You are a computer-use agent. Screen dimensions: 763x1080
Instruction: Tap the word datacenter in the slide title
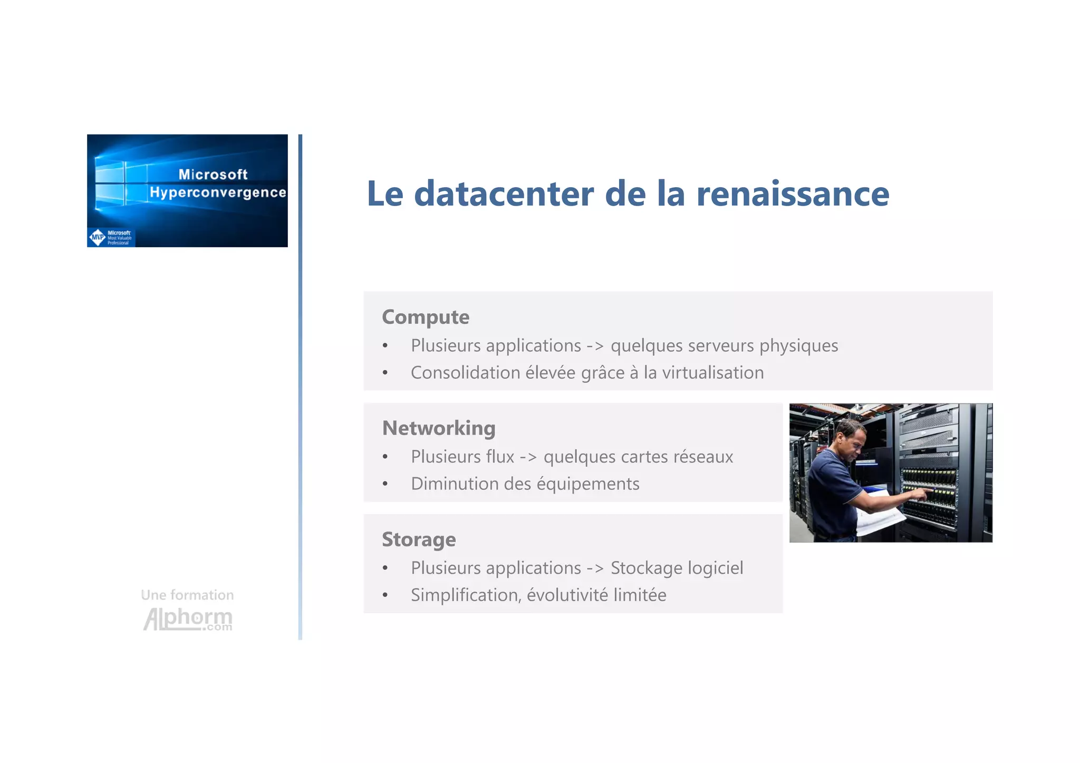pyautogui.click(x=505, y=194)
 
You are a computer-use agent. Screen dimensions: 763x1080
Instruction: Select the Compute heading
pyautogui.click(x=425, y=317)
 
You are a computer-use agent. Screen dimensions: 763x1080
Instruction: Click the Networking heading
pyautogui.click(x=438, y=428)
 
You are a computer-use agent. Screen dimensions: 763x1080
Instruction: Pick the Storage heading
pyautogui.click(x=419, y=539)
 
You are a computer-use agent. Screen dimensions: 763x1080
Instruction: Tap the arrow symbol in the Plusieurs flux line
pyautogui.click(x=528, y=457)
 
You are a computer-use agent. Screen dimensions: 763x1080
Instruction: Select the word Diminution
pyautogui.click(x=455, y=484)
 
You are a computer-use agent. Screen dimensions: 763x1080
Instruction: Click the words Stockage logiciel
pyautogui.click(x=677, y=568)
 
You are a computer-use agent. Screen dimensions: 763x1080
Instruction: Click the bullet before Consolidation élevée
pyautogui.click(x=385, y=373)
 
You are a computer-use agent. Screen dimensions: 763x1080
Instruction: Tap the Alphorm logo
pyautogui.click(x=187, y=619)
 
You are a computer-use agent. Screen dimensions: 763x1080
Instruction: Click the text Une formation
pyautogui.click(x=187, y=595)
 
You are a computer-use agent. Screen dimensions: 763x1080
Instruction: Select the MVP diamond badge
pyautogui.click(x=98, y=237)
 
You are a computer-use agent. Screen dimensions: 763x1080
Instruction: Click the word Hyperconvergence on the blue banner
pyautogui.click(x=218, y=192)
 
